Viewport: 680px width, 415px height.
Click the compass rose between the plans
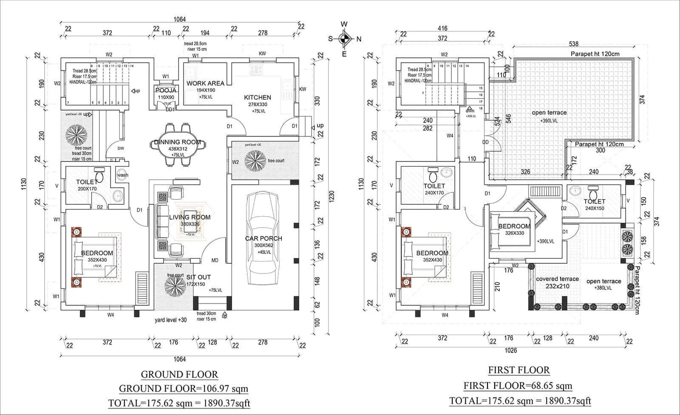point(344,39)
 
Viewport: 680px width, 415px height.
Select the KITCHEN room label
point(258,97)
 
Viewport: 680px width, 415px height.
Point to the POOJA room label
point(166,90)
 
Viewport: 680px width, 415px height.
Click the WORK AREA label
point(205,83)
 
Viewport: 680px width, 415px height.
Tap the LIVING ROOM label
point(190,217)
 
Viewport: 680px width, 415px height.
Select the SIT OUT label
point(198,277)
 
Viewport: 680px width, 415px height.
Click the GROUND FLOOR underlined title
point(179,375)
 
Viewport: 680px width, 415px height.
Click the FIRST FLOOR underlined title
point(519,370)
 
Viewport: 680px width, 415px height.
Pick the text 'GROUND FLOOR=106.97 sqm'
point(183,388)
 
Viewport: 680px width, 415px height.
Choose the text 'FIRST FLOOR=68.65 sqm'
point(518,386)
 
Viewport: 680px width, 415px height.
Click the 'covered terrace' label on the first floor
point(557,279)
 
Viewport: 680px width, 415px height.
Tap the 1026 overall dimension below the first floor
point(510,350)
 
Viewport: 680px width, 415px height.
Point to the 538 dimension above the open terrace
point(573,44)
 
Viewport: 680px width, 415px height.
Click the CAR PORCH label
point(263,238)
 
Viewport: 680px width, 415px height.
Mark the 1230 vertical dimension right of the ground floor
point(331,195)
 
